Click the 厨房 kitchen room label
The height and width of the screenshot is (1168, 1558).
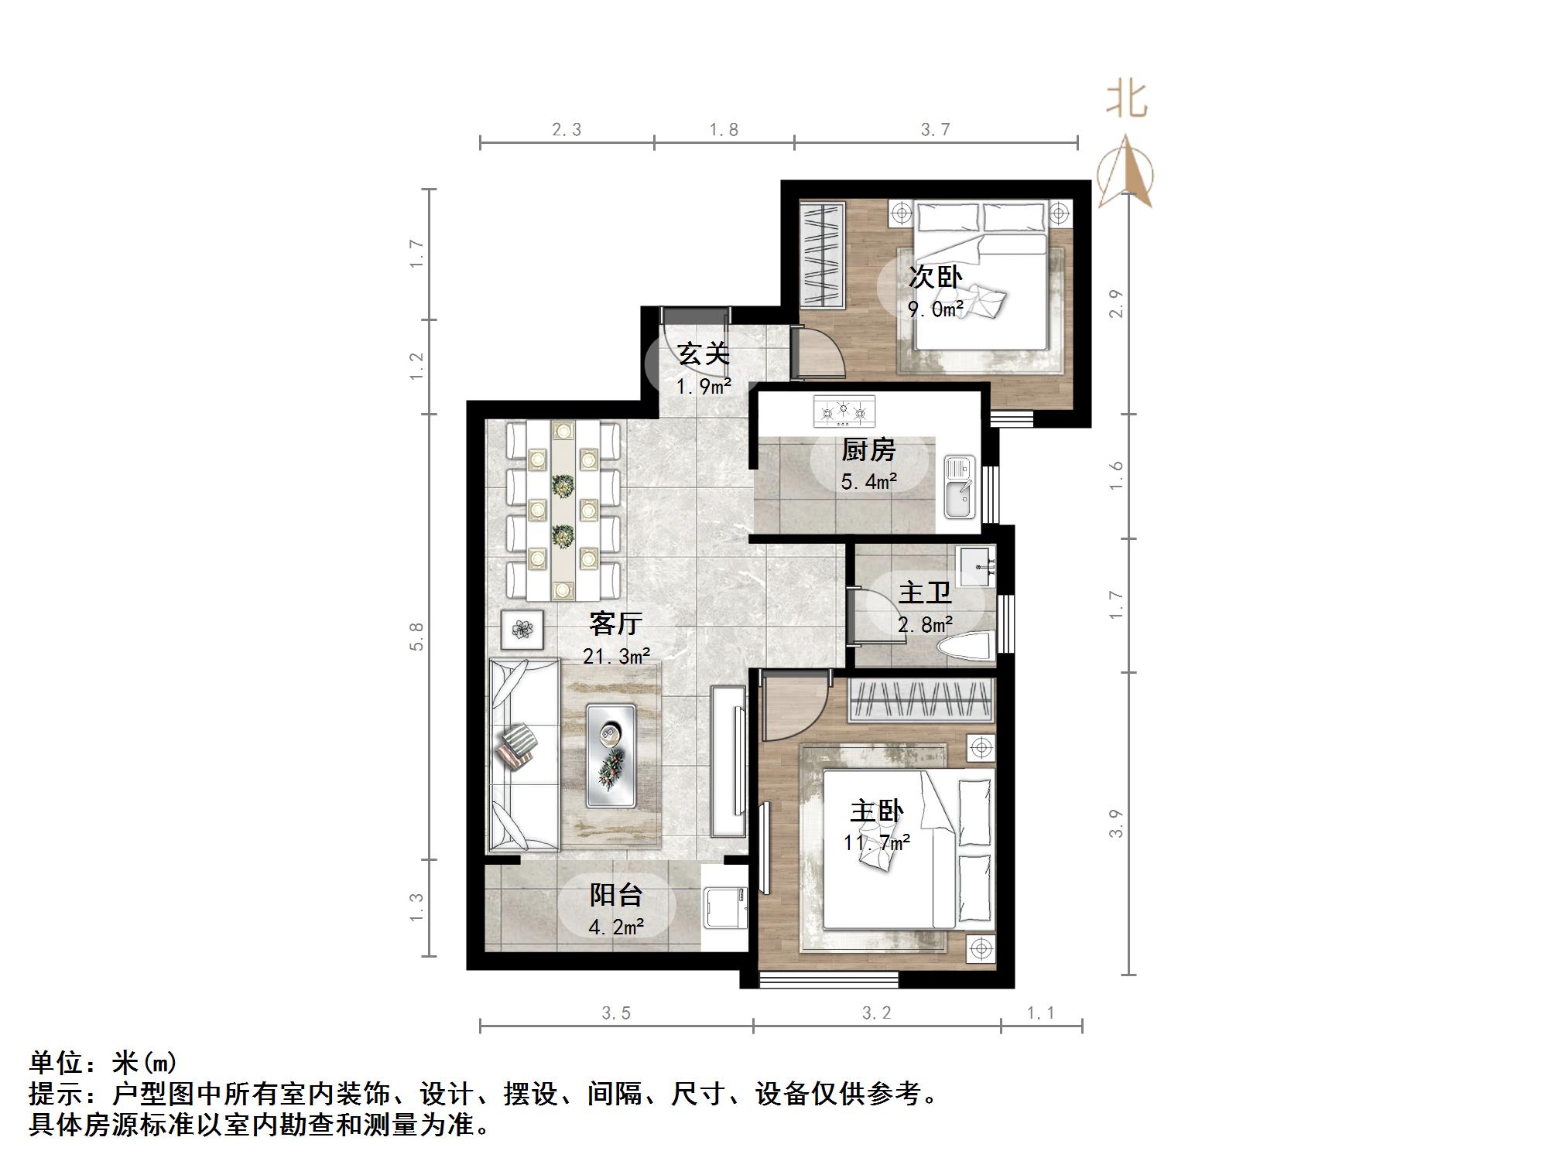pos(868,449)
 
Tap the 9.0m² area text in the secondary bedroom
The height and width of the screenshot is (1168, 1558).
pos(936,310)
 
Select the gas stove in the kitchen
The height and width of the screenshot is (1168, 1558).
pos(844,412)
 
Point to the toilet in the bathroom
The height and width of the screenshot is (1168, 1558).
pos(965,647)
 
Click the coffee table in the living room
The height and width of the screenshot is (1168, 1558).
pos(611,756)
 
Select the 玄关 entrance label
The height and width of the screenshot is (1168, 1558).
pos(704,354)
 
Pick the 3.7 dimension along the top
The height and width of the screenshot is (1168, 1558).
pos(935,130)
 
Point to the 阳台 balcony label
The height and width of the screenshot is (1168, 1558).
pos(616,895)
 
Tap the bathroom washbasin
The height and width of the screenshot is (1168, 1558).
pos(977,566)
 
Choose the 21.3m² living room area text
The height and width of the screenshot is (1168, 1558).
pos(616,657)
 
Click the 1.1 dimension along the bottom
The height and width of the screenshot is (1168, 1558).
pos(1040,1013)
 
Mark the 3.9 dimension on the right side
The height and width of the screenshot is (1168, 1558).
pos(1115,823)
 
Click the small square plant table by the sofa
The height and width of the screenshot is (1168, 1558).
pos(522,630)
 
